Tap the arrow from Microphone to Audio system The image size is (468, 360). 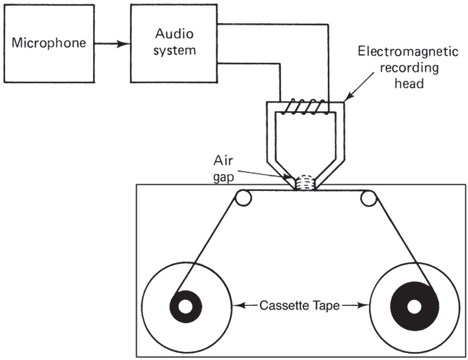point(112,43)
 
